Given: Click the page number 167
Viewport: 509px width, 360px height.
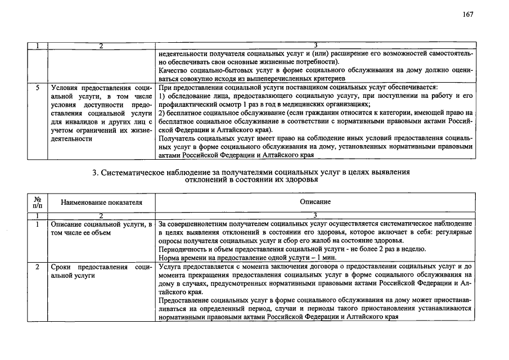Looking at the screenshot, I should tap(468, 15).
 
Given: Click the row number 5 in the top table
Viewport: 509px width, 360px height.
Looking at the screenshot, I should tap(37, 88).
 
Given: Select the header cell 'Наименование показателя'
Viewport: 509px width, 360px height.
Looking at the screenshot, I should tap(102, 202).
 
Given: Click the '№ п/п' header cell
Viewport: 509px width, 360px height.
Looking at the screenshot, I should tap(37, 202).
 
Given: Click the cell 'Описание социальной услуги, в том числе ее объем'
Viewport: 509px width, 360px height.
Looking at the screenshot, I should tap(101, 228).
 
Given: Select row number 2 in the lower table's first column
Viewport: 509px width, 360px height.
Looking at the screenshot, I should tap(37, 267).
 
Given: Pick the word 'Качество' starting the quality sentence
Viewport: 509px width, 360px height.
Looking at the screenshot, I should tap(172, 70).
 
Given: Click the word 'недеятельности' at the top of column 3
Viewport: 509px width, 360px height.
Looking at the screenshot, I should tap(182, 53).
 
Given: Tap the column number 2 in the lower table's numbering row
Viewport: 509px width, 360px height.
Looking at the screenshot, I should tap(102, 215).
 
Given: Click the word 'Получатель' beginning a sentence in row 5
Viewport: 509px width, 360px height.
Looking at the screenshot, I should tap(177, 138).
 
